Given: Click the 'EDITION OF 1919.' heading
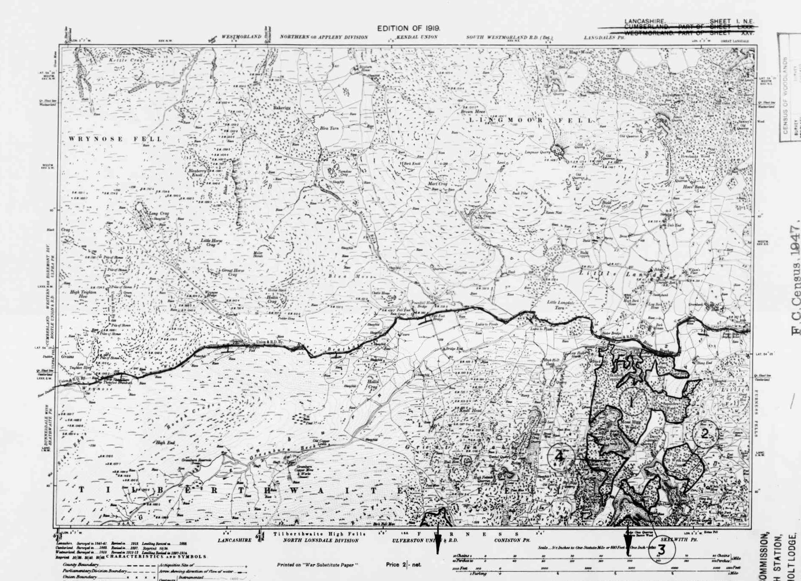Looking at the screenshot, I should pyautogui.click(x=408, y=28).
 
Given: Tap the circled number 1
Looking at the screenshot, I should pyautogui.click(x=632, y=400).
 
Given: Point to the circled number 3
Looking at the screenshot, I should pyautogui.click(x=661, y=550).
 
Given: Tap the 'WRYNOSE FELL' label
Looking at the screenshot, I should pyautogui.click(x=115, y=139).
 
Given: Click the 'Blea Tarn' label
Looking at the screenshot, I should pyautogui.click(x=329, y=128).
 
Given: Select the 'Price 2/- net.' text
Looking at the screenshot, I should pyautogui.click(x=404, y=564).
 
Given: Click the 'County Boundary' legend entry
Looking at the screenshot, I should pyautogui.click(x=81, y=564).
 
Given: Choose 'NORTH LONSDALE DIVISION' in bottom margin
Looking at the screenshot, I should pyautogui.click(x=321, y=541).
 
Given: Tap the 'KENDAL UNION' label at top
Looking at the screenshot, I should pyautogui.click(x=416, y=37).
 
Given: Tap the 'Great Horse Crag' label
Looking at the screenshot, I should pyautogui.click(x=232, y=272).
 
